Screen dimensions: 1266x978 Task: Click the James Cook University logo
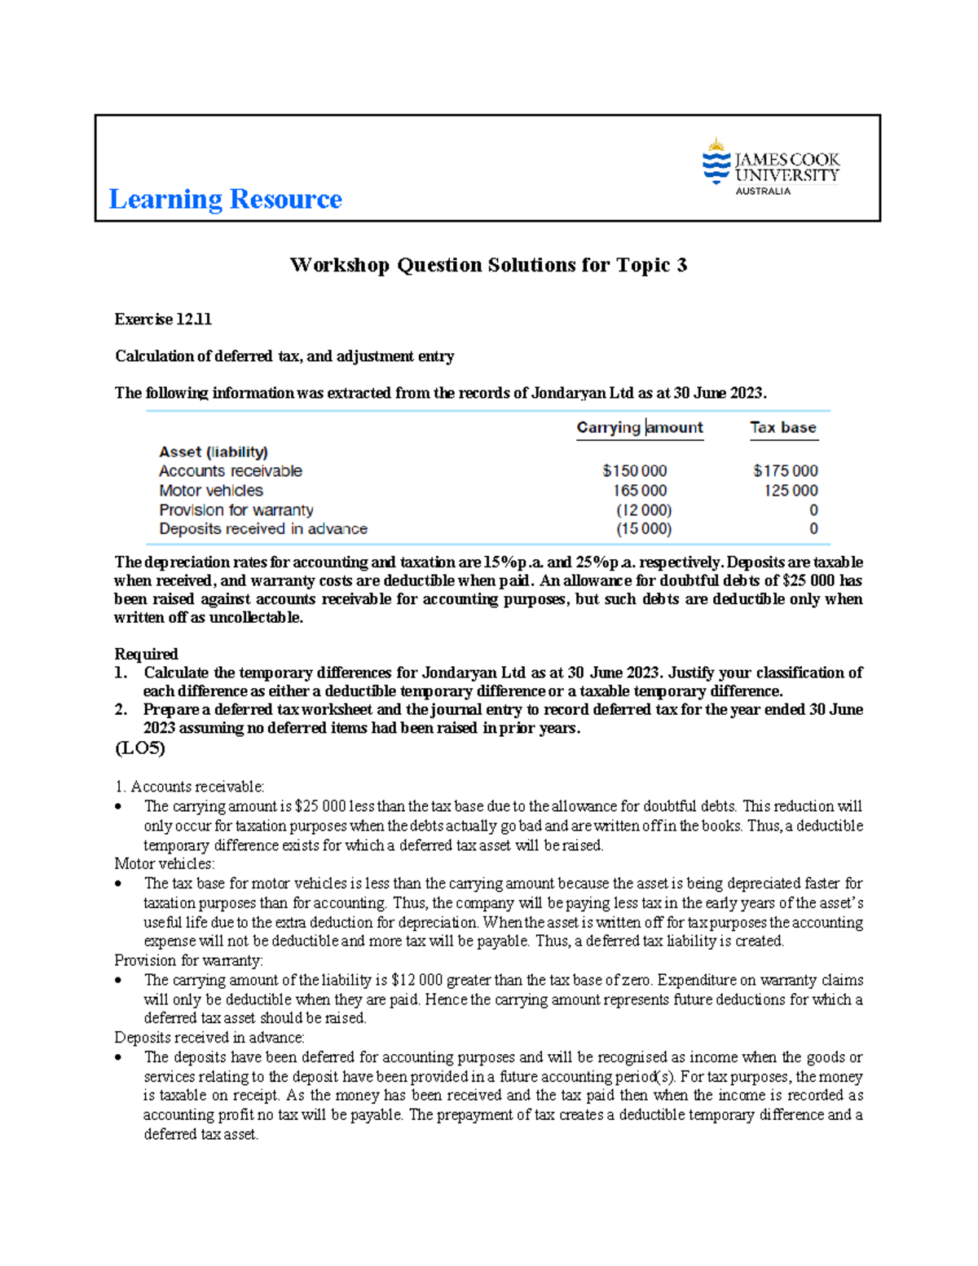point(769,166)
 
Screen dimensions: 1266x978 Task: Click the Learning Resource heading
point(225,199)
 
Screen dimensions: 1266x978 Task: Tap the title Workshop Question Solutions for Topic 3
point(488,265)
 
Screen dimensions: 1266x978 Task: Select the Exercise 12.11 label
point(163,320)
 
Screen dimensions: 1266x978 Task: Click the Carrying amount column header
point(639,427)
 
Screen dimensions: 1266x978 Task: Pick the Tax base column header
point(782,427)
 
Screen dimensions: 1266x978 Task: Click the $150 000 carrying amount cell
point(634,471)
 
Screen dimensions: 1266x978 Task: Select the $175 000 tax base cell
point(785,471)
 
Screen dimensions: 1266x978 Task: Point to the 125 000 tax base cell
point(790,491)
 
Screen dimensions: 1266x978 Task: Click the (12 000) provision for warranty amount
point(643,510)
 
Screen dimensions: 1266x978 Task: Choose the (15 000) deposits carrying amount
point(643,529)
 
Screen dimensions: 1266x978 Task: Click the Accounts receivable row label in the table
point(230,471)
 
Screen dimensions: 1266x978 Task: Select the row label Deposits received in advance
point(262,529)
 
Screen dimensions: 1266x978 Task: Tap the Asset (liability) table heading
point(213,452)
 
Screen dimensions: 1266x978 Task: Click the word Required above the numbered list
point(146,654)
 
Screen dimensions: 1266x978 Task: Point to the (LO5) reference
point(139,748)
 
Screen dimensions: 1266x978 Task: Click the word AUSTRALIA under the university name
point(763,192)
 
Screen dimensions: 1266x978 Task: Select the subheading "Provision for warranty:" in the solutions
point(188,960)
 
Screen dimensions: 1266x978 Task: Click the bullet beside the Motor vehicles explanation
point(119,884)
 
